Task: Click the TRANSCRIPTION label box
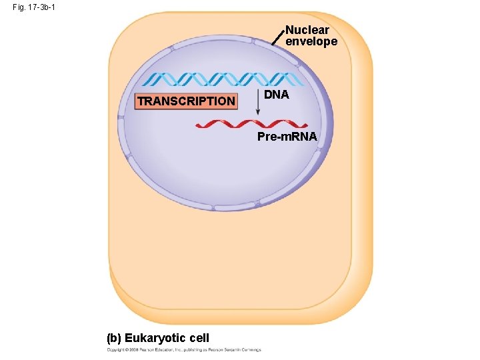[x=186, y=101]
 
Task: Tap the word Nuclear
[x=307, y=31]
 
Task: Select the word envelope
[x=311, y=41]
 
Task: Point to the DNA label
[x=276, y=95]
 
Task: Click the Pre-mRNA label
[x=288, y=137]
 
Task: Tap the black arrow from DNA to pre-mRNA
[x=258, y=103]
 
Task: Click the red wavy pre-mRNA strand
[x=252, y=124]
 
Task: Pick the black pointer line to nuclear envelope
[x=277, y=37]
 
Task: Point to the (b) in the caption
[x=114, y=338]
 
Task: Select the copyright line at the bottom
[x=184, y=349]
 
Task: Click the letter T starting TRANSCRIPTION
[x=141, y=101]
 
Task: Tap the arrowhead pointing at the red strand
[x=258, y=117]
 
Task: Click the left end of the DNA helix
[x=145, y=80]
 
